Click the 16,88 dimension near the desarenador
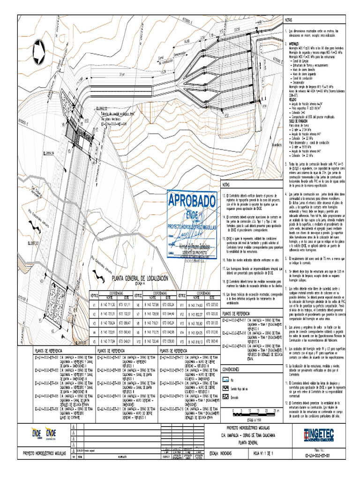[x=186, y=41]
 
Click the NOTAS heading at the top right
[x=290, y=21]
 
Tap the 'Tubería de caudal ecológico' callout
[x=115, y=114]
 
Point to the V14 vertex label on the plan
[x=264, y=106]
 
